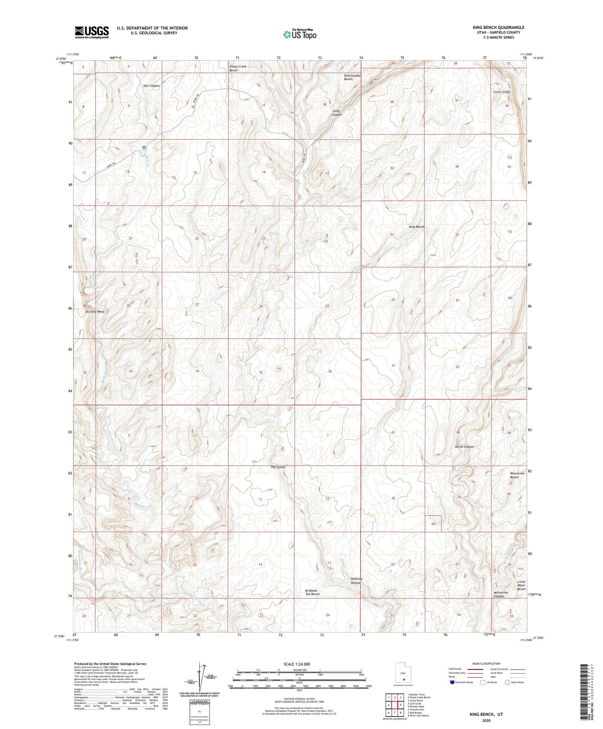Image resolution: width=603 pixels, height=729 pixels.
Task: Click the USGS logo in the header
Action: (x=92, y=32)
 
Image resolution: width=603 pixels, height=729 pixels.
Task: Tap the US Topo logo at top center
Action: (x=299, y=34)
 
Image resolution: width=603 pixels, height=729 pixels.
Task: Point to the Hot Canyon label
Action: (x=152, y=86)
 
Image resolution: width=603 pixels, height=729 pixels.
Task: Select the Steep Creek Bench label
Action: (x=238, y=68)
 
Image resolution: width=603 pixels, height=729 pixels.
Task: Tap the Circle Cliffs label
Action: (x=501, y=92)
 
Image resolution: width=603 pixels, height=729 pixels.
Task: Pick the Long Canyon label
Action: (x=336, y=113)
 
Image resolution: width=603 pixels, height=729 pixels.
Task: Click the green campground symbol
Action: (x=144, y=148)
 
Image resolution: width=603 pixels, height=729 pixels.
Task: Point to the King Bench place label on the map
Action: (x=416, y=227)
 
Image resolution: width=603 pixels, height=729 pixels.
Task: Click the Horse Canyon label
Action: (x=464, y=447)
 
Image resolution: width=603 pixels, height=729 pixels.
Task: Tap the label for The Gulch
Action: (x=278, y=467)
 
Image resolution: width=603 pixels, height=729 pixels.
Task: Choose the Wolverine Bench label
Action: (x=517, y=475)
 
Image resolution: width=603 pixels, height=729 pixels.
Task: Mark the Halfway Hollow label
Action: (x=356, y=581)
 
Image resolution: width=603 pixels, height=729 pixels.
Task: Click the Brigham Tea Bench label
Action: (x=312, y=592)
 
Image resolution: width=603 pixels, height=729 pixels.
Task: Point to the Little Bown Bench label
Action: (x=521, y=585)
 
